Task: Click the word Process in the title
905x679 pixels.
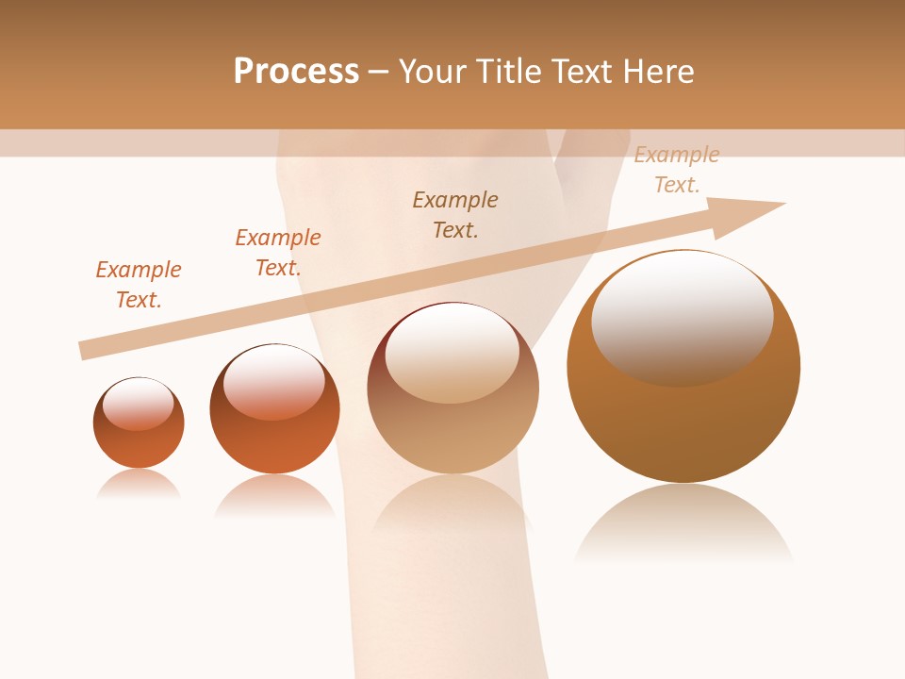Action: click(296, 72)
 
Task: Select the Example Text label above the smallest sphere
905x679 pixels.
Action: click(139, 284)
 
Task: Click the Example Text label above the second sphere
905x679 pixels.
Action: click(278, 252)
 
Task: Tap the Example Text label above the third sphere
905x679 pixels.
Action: click(455, 214)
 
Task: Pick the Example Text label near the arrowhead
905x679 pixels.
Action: click(677, 170)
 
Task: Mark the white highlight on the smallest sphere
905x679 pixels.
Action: click(139, 404)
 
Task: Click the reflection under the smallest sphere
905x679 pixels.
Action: click(139, 484)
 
